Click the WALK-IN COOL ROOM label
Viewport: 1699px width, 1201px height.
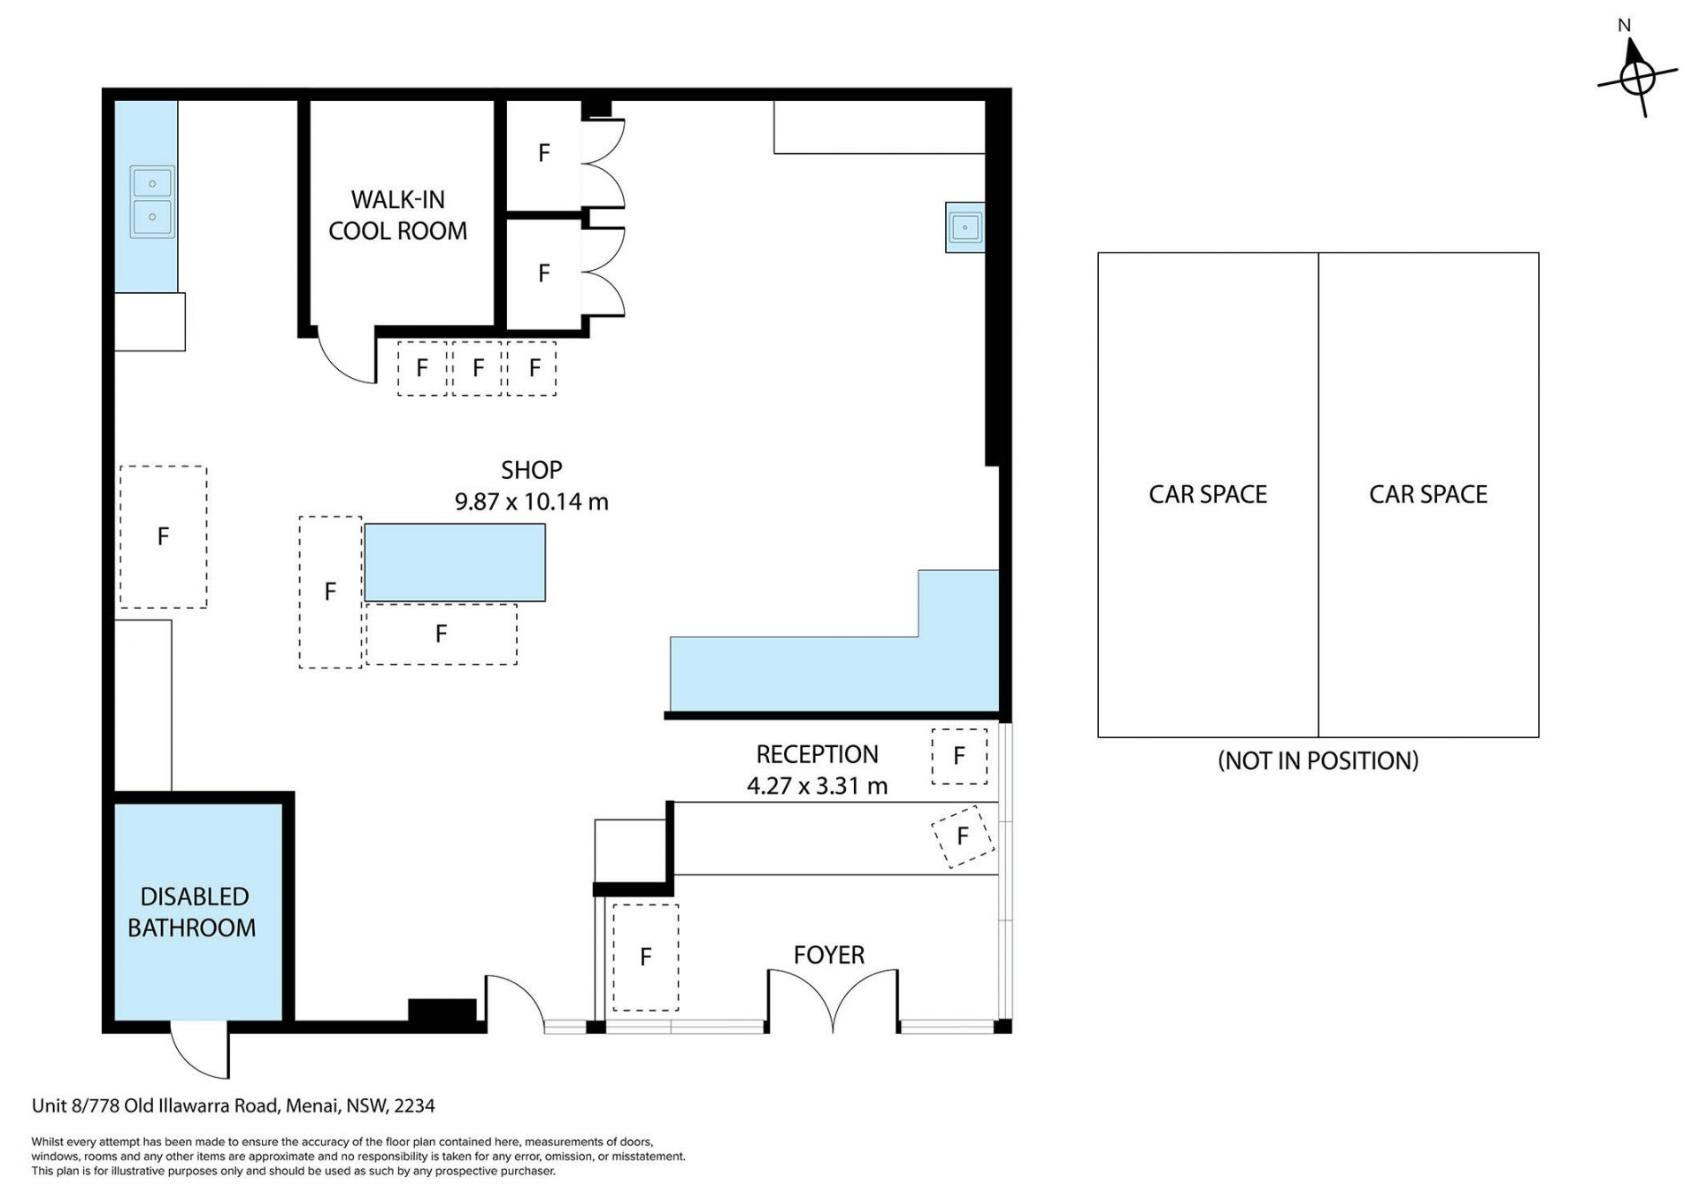click(397, 215)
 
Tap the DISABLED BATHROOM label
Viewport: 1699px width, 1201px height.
click(192, 912)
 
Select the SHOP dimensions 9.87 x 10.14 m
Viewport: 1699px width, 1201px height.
click(531, 502)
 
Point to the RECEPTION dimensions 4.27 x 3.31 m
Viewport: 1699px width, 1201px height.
click(817, 786)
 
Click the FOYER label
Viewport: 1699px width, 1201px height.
click(829, 955)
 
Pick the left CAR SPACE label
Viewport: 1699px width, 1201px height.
click(1208, 494)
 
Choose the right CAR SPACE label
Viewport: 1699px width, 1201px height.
click(1428, 494)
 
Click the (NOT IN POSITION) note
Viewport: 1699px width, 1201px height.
click(1318, 761)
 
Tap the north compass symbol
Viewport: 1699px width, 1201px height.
click(1637, 76)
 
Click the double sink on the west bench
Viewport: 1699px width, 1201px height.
click(153, 201)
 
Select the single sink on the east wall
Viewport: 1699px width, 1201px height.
click(965, 227)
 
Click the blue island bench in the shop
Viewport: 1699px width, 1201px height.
click(455, 563)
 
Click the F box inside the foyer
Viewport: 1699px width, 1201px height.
click(646, 957)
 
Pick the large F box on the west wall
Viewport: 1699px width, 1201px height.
click(164, 536)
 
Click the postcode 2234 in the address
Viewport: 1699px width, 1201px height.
click(414, 1106)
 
